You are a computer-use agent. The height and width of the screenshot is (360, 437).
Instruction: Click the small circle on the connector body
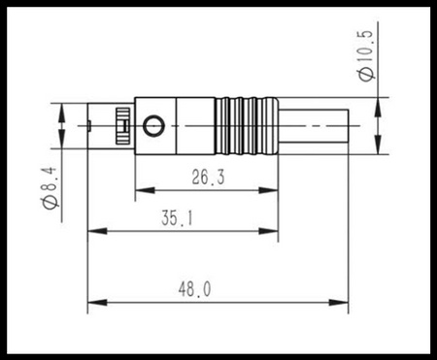click(153, 124)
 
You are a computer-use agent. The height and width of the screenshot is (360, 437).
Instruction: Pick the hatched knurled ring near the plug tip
click(121, 124)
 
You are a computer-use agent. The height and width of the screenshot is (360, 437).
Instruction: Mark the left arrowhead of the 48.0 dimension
click(93, 303)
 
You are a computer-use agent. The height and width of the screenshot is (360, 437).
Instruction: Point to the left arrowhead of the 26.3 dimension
click(140, 188)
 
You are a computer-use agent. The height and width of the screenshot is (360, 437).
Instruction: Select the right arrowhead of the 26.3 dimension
click(273, 188)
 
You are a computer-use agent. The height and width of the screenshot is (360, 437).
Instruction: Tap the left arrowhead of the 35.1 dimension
click(93, 232)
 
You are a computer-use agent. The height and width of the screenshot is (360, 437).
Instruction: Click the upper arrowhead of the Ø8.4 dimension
click(63, 109)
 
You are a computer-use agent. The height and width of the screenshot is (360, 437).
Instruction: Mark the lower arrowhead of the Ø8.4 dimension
click(63, 142)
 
